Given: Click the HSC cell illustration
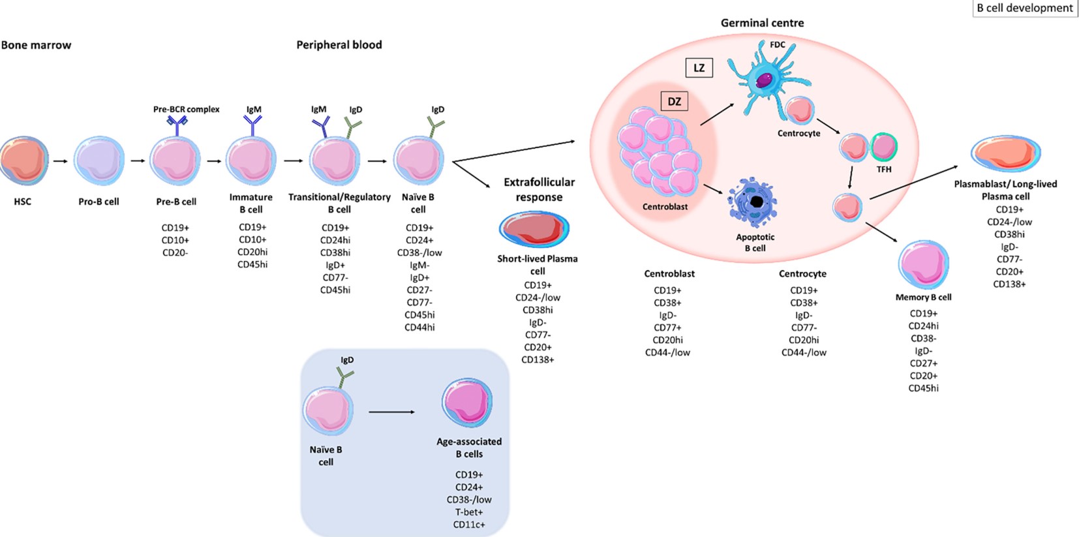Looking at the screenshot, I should click(x=24, y=161).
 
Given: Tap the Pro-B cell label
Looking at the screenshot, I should click(x=99, y=202).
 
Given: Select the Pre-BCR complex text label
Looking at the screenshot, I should click(x=186, y=109).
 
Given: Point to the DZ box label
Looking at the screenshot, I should click(x=674, y=102).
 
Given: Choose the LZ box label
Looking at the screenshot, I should click(x=699, y=68).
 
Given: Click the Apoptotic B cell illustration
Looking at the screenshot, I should click(x=753, y=202).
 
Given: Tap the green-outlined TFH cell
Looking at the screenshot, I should click(x=884, y=147).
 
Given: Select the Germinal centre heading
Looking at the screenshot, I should click(x=762, y=23).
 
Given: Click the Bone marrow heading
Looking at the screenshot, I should click(x=36, y=45).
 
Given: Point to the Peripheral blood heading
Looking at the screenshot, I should click(x=339, y=45).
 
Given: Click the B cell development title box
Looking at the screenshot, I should click(x=1024, y=8).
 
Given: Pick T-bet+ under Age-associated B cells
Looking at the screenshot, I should click(x=469, y=512).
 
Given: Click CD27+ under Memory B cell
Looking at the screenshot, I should click(x=923, y=363).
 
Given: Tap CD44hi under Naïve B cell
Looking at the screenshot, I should click(x=419, y=328).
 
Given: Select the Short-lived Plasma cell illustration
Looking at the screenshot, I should click(x=534, y=229).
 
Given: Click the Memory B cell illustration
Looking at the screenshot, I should click(x=923, y=264).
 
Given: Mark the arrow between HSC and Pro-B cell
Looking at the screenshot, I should click(x=60, y=161).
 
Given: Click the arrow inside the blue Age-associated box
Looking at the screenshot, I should click(x=391, y=412).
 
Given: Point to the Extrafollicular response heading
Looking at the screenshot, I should click(x=539, y=189).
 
